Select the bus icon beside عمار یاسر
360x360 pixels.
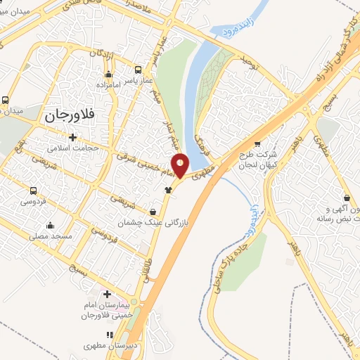(137, 70)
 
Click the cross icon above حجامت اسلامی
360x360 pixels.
(72, 136)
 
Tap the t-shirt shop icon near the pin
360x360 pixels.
(168, 189)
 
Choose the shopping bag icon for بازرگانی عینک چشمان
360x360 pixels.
(153, 212)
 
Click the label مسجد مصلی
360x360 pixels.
(51, 237)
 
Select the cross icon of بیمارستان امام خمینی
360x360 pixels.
(107, 294)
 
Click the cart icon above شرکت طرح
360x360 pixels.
(257, 144)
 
